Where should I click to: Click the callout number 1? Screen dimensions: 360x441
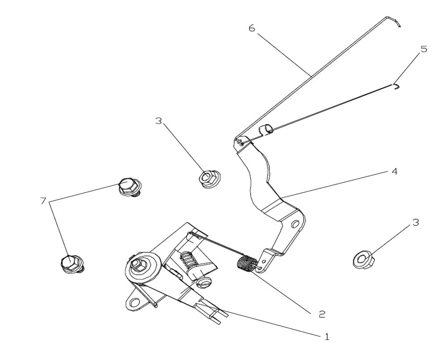click(x=327, y=337)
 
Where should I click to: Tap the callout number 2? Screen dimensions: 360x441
click(x=321, y=314)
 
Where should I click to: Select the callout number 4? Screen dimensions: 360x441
click(x=394, y=171)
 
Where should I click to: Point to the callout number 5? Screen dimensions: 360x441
click(x=424, y=49)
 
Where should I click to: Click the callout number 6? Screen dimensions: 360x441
click(x=252, y=28)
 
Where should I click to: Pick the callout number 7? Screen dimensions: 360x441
click(x=43, y=201)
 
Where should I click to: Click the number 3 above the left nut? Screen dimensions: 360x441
click(x=159, y=121)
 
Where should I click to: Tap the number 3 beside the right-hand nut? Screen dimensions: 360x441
click(x=415, y=222)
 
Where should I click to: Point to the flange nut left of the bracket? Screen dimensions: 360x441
click(x=207, y=178)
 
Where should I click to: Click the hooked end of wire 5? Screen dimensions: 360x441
click(x=396, y=86)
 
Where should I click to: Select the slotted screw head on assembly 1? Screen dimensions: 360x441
click(x=204, y=283)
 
